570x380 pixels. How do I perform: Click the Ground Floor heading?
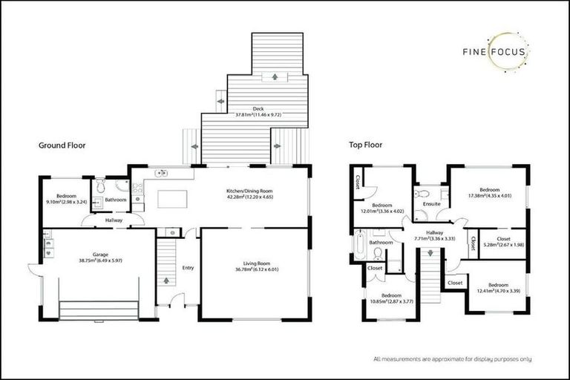(x=62, y=146)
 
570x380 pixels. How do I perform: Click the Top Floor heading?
(x=363, y=145)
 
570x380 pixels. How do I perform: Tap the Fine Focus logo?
(x=496, y=52)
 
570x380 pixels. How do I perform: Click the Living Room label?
(x=254, y=264)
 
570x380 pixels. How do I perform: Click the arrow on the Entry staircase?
(x=166, y=281)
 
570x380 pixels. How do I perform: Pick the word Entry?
(x=188, y=268)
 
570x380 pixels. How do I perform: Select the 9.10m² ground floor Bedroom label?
(x=66, y=199)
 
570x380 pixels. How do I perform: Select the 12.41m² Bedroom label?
(x=490, y=288)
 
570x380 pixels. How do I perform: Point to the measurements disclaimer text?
(x=452, y=358)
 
